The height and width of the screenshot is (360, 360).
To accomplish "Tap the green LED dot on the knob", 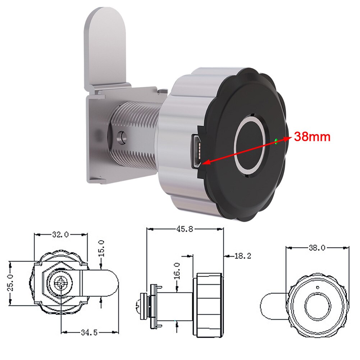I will click(276, 141).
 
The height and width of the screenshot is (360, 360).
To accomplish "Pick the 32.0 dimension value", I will click(60, 235).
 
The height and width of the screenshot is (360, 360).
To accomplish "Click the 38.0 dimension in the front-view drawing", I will click(317, 248).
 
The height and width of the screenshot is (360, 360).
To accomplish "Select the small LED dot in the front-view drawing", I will click(317, 287).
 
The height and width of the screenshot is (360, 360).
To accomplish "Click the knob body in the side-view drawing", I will click(210, 305).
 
